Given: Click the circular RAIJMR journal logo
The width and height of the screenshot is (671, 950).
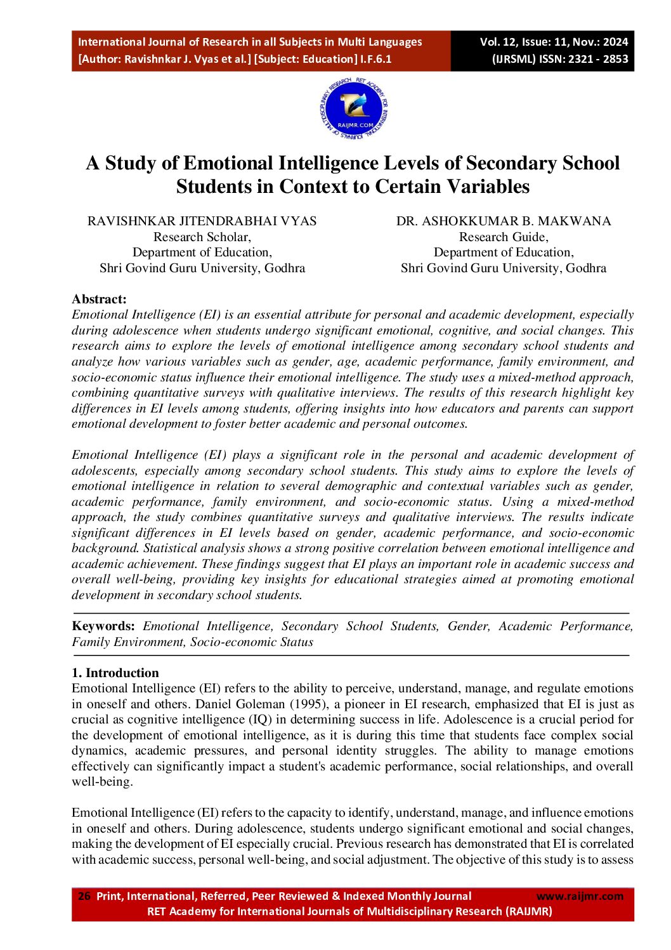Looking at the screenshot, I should tap(353, 109).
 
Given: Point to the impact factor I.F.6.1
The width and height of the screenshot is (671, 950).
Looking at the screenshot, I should tap(375, 59).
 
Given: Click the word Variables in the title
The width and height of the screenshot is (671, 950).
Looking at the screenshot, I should tap(488, 187).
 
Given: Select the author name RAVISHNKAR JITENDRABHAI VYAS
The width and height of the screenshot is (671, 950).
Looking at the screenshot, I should tap(202, 221).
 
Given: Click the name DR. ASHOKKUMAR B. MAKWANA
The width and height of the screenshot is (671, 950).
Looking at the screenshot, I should tap(504, 221).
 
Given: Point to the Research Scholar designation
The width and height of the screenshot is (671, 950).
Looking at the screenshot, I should tap(202, 237).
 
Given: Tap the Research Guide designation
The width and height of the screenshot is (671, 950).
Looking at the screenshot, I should tap(504, 237).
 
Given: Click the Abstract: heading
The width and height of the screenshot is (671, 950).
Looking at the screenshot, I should tap(99, 299).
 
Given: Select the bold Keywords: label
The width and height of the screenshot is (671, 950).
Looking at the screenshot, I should tap(103, 626).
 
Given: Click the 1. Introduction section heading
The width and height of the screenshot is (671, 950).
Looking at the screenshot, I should tap(115, 673).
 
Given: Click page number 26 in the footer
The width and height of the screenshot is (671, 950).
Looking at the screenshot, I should tap(84, 896).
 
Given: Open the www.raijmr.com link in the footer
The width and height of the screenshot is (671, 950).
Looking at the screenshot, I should tap(580, 896).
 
